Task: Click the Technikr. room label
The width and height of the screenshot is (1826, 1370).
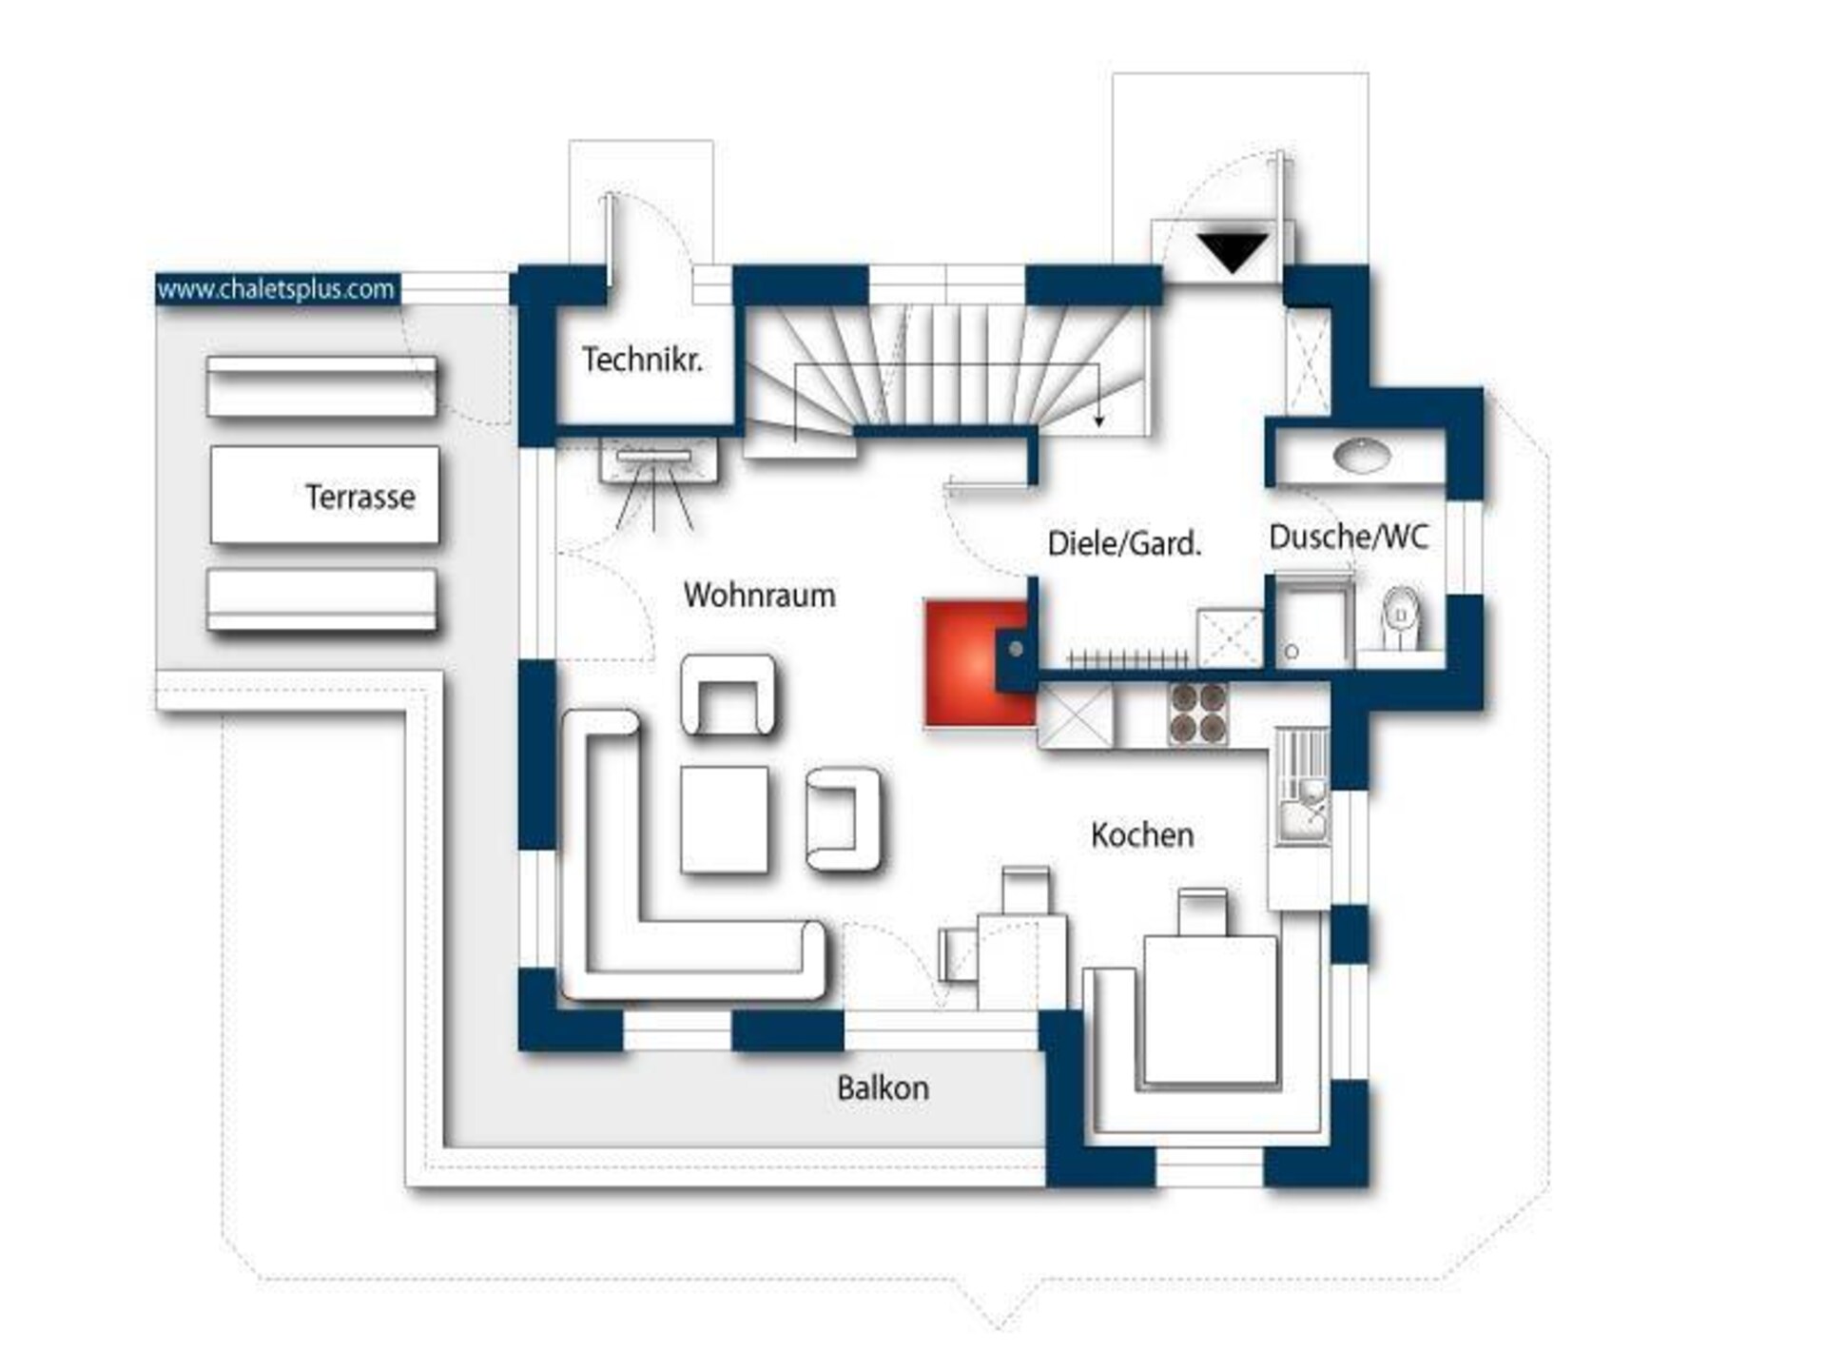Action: tap(643, 360)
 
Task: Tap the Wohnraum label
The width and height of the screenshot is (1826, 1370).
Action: tap(759, 596)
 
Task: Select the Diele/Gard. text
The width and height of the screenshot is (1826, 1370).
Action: tap(1124, 543)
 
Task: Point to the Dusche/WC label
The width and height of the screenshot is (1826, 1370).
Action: tap(1349, 537)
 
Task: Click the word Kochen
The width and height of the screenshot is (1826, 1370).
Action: tap(1142, 835)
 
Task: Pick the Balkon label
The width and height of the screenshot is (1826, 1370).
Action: tap(883, 1088)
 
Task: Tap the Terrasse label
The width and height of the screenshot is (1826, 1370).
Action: tap(359, 497)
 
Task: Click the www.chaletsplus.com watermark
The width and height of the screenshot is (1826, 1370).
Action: tap(276, 289)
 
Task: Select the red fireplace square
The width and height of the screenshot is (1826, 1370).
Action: tap(980, 664)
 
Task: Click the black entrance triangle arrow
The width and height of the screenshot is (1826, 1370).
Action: tap(1233, 252)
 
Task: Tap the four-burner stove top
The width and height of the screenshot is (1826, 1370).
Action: tap(1198, 714)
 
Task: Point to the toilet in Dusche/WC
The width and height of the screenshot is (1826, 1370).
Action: tap(1401, 618)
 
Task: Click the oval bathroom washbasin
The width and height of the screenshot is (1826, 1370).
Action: tap(1362, 456)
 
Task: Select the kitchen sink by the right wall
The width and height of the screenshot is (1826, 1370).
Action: tap(1303, 786)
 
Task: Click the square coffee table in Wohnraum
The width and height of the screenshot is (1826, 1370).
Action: tap(725, 819)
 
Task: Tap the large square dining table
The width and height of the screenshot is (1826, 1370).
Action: tap(1210, 1009)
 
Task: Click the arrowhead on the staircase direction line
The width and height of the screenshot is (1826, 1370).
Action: tap(1099, 421)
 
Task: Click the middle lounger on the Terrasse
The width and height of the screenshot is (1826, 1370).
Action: tap(324, 495)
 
